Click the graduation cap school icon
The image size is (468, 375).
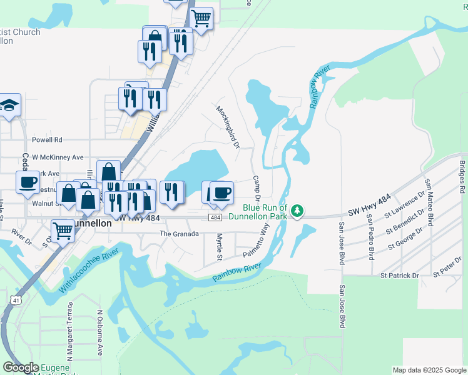(9, 105)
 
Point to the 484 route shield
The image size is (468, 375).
(215, 217)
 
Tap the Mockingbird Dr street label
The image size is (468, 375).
(228, 127)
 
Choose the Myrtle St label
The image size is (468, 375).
(219, 247)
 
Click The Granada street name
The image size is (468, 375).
(179, 234)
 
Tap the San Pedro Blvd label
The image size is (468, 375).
(371, 237)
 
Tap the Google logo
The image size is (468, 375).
(20, 368)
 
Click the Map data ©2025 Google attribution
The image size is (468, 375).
(429, 370)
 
